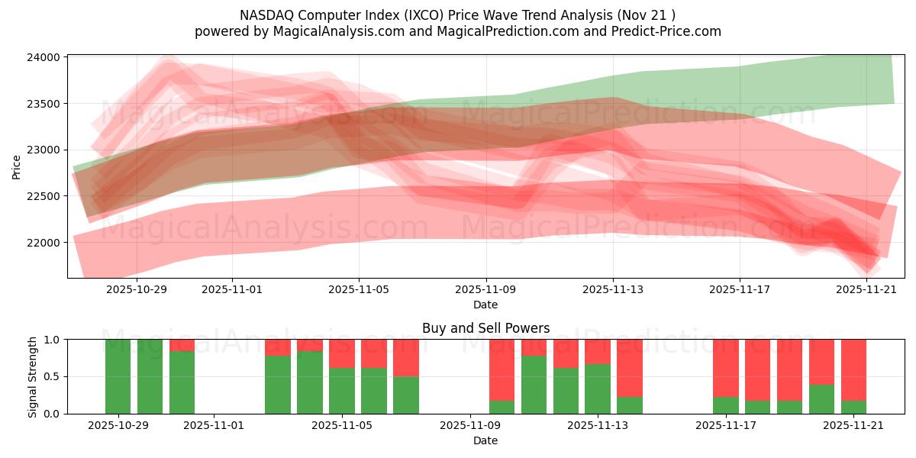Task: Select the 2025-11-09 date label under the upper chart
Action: click(486, 290)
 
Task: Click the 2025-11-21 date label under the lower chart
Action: click(853, 426)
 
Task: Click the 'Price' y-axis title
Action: click(17, 166)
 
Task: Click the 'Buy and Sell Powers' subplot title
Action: click(485, 328)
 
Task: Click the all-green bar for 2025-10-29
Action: click(118, 376)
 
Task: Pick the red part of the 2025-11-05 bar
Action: click(342, 353)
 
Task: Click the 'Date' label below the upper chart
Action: click(485, 305)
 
